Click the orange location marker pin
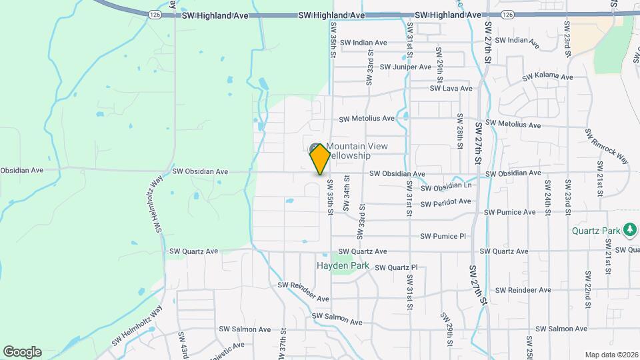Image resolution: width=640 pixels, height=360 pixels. pos(320,159)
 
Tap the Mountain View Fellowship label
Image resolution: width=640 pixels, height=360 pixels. pos(356,151)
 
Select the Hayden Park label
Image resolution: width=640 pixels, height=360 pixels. pos(343,265)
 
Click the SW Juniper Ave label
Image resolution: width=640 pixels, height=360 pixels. pos(405,67)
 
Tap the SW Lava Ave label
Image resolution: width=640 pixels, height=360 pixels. pos(451,88)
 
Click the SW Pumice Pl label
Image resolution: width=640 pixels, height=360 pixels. pos(443,236)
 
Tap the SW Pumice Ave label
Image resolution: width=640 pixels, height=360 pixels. pos(509,212)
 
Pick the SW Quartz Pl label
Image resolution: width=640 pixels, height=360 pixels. pos(396,267)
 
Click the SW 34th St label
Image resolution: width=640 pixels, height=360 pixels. pos(347,193)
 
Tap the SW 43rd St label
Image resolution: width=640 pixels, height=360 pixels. pos(181,344)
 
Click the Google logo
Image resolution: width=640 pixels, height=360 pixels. pos(22,352)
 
